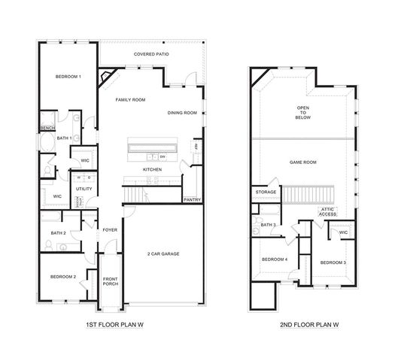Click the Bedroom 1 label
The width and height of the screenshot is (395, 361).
[68, 77]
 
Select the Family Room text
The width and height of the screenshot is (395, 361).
[130, 99]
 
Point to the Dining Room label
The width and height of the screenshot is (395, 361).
[182, 113]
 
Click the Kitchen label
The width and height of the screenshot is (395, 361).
[153, 170]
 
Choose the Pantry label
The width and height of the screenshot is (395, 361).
[193, 200]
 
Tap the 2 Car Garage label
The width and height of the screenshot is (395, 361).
[163, 253]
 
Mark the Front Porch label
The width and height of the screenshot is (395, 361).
[111, 283]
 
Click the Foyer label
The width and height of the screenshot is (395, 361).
[111, 231]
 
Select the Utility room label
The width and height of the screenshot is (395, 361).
[84, 189]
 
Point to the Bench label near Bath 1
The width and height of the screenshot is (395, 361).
[47, 129]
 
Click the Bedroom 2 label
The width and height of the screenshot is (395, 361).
[64, 277]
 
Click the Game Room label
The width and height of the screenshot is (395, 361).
[303, 162]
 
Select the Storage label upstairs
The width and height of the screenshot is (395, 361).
[266, 192]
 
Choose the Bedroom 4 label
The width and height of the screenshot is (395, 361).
[275, 259]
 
